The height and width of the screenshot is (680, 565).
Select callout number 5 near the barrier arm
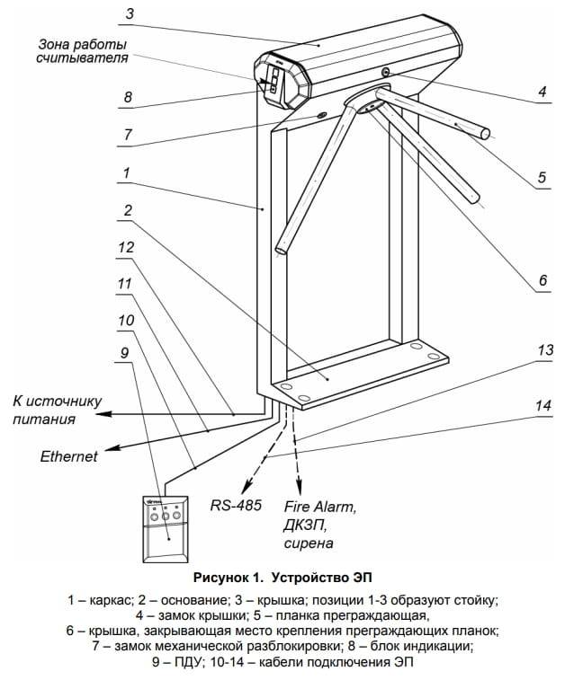[543, 178]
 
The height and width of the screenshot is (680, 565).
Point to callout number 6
[543, 280]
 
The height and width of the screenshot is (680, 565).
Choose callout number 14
[543, 405]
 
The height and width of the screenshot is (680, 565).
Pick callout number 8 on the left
[128, 96]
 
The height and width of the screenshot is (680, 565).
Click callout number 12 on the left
[128, 246]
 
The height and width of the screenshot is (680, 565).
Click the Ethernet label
[68, 456]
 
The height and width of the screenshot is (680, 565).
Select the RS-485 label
[236, 505]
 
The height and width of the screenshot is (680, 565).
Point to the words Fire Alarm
[320, 507]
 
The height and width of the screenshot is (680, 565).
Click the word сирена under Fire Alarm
[309, 543]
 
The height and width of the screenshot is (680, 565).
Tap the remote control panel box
[164, 530]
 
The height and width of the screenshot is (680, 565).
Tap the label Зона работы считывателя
[82, 51]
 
